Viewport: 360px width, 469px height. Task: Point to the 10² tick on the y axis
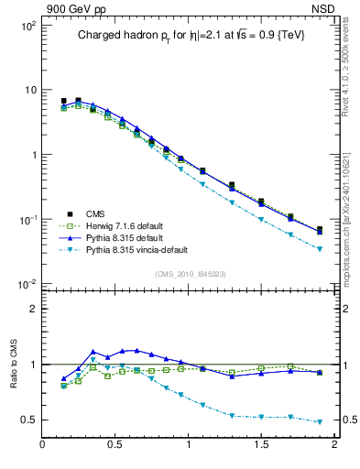tap(27, 26)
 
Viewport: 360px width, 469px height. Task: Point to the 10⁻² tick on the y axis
tap(27, 284)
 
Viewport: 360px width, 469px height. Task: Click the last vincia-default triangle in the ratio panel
tap(320, 422)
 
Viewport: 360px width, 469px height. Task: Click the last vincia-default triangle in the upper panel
tap(320, 249)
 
